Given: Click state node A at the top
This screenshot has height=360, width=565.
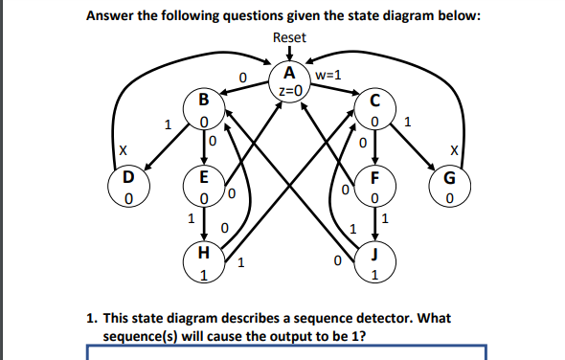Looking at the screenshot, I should click(289, 82).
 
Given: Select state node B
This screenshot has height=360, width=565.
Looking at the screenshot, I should click(202, 109).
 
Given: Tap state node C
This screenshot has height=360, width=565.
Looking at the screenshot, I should click(374, 109).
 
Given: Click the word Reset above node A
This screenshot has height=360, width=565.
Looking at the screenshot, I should click(289, 37).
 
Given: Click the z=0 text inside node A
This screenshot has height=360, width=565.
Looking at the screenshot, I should click(289, 91).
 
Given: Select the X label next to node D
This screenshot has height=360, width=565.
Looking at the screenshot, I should click(122, 150).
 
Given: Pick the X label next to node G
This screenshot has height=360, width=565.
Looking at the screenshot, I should click(456, 150).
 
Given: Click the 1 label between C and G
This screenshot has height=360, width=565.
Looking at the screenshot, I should click(408, 123).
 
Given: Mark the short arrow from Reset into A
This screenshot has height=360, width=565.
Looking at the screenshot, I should click(289, 55).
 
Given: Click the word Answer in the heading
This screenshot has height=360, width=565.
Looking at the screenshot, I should click(112, 14).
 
